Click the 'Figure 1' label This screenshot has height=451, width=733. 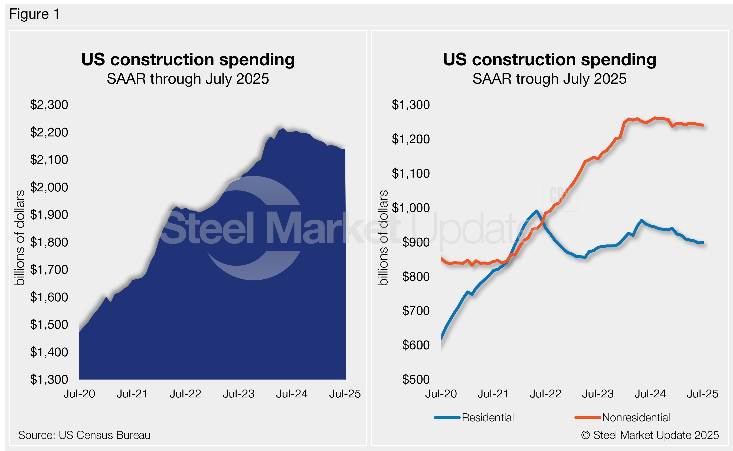click(x=34, y=14)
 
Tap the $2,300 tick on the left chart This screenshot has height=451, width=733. click(x=49, y=105)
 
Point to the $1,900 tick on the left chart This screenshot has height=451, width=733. click(x=49, y=215)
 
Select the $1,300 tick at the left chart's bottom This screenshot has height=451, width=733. click(x=49, y=380)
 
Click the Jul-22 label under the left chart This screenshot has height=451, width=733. click(x=185, y=394)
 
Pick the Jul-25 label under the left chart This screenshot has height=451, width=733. click(x=345, y=394)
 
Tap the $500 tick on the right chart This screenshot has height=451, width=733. click(x=416, y=380)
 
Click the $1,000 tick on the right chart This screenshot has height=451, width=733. click(x=411, y=208)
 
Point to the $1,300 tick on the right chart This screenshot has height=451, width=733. click(x=411, y=105)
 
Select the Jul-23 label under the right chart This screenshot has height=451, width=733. click(x=598, y=394)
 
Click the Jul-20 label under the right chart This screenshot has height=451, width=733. click(x=441, y=394)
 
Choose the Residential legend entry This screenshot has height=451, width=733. click(x=487, y=418)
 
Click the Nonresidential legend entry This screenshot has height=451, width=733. click(x=636, y=418)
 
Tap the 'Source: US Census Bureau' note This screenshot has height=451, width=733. click(x=84, y=435)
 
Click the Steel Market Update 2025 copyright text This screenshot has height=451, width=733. click(x=650, y=435)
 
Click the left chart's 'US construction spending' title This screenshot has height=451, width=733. click(x=188, y=59)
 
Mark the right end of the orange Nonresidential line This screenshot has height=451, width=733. click(x=703, y=125)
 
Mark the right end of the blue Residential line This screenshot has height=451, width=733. click(x=703, y=243)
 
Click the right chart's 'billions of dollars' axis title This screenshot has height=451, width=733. click(x=383, y=238)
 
